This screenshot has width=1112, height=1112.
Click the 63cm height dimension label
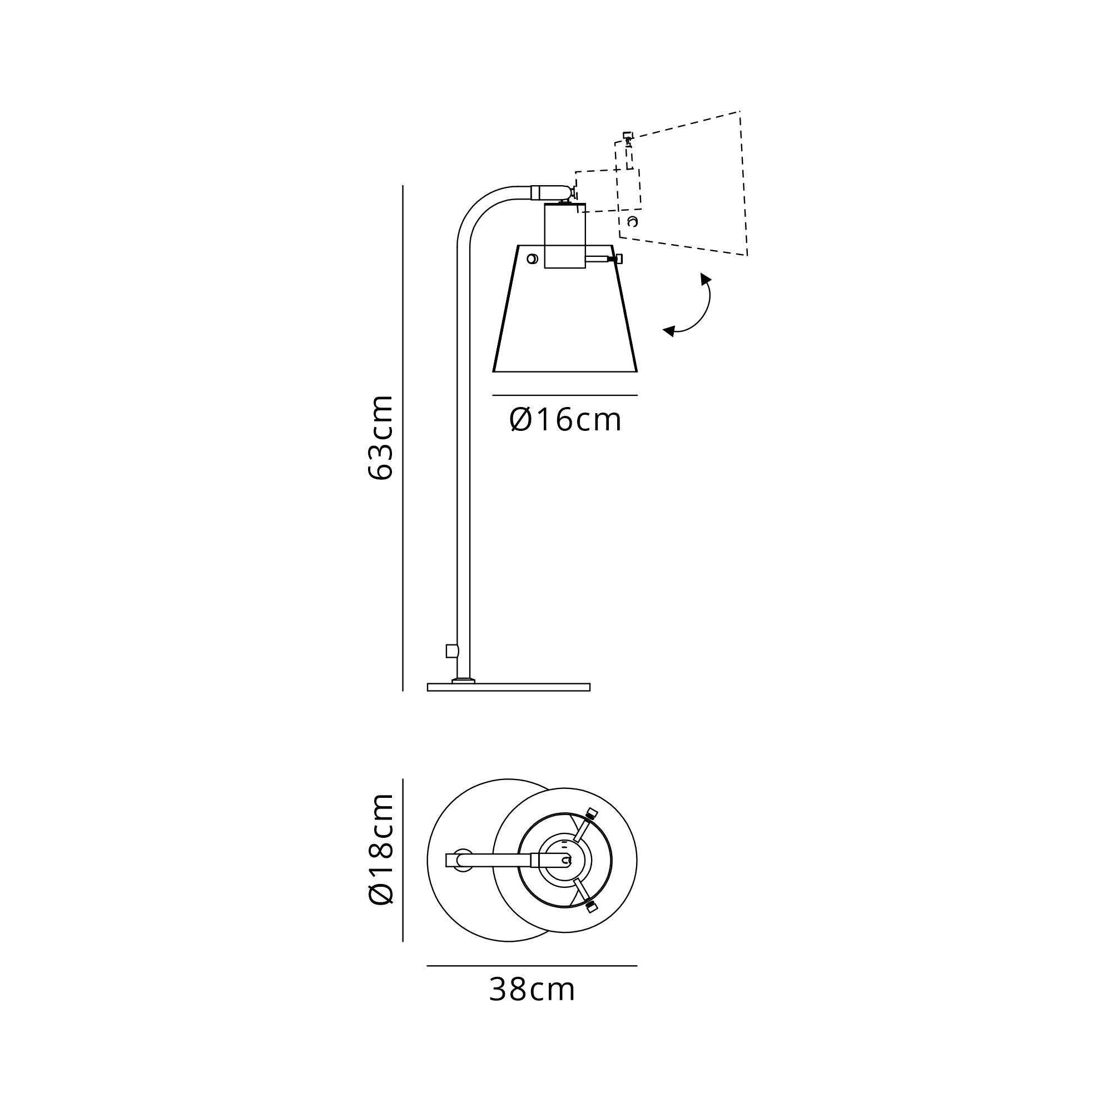click(x=380, y=438)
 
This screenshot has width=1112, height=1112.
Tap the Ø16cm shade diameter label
click(x=565, y=420)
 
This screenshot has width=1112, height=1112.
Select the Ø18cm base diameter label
click(x=380, y=849)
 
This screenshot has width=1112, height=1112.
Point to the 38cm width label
click(x=532, y=990)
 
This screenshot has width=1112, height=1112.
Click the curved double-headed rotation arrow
click(x=707, y=311)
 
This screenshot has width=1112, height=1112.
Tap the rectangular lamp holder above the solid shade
click(x=565, y=236)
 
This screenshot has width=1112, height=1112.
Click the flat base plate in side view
click(x=509, y=687)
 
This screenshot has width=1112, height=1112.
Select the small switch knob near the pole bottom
click(x=453, y=651)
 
